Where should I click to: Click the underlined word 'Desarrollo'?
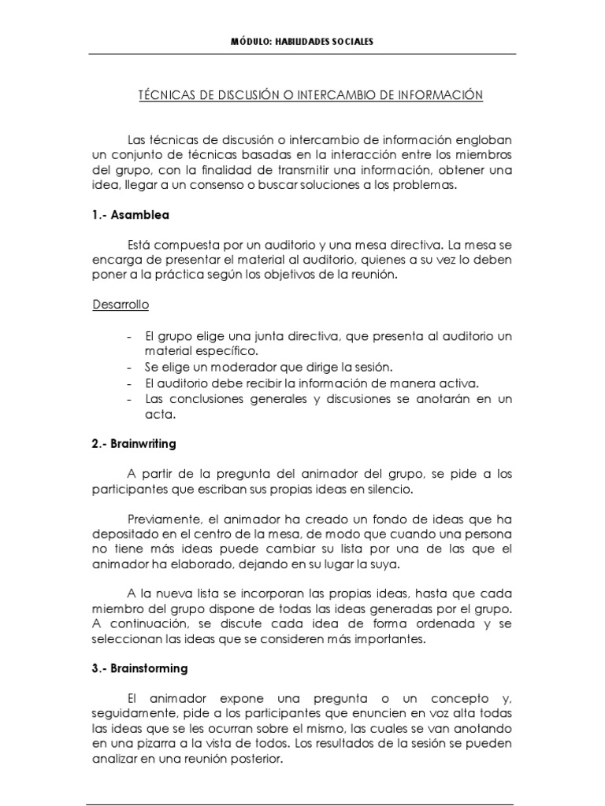(x=121, y=304)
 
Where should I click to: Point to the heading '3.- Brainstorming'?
(x=139, y=668)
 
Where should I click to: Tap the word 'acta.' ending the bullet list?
(x=160, y=414)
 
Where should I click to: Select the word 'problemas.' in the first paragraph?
(x=430, y=186)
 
